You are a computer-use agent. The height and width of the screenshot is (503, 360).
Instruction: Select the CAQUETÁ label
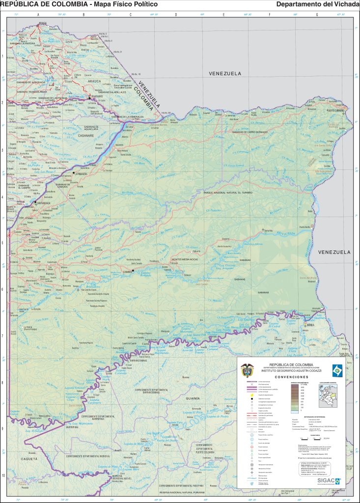[x=28, y=458]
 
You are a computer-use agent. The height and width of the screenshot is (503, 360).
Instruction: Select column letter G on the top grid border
[x=317, y=14]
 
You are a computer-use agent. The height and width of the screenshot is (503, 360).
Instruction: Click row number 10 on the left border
[x=3, y=475]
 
